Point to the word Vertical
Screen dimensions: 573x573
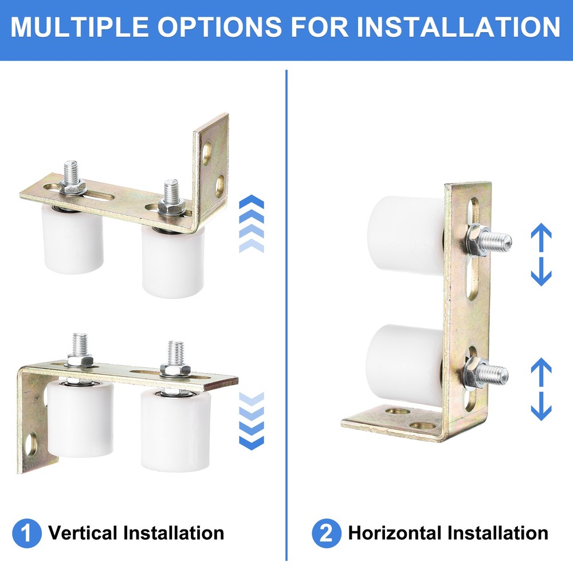pos(83,533)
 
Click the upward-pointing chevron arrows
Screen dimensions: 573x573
pos(251,223)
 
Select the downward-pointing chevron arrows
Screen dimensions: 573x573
pos(251,421)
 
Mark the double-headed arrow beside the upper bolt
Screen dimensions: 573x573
pos(541,255)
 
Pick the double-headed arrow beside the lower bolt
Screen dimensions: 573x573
pos(541,390)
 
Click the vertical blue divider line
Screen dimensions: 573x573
pos(286,315)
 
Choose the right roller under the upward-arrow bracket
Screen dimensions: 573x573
pos(174,261)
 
